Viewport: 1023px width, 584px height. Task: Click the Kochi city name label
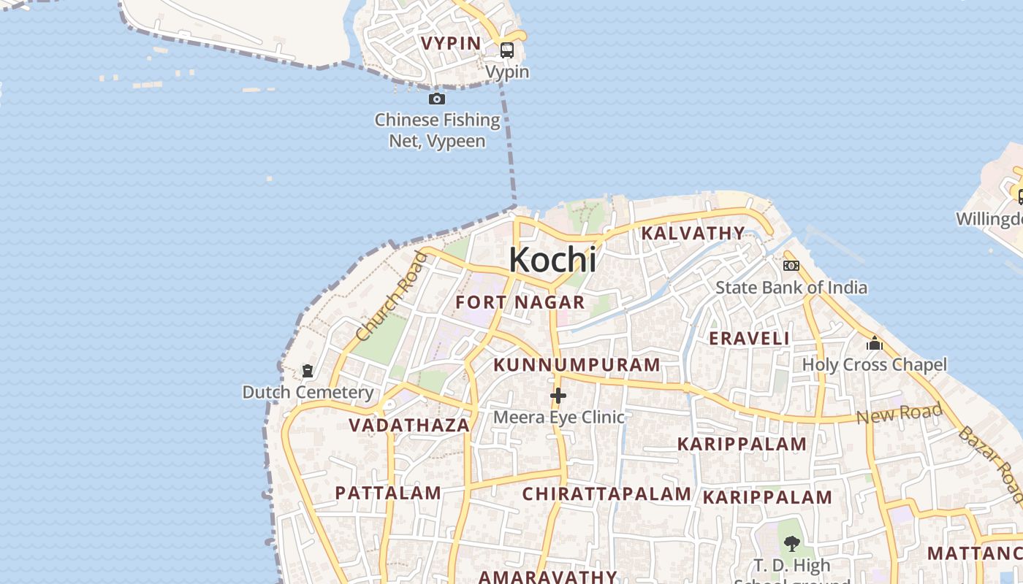click(x=552, y=260)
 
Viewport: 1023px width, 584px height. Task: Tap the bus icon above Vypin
click(x=506, y=50)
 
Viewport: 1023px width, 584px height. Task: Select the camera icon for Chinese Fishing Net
click(x=437, y=99)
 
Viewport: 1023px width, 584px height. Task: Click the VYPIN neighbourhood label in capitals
click(x=451, y=44)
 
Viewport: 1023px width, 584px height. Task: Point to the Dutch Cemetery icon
click(x=308, y=371)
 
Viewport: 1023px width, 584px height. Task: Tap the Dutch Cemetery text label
click(x=308, y=392)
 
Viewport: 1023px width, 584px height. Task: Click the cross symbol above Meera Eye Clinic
click(x=558, y=396)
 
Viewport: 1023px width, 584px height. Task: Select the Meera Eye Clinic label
click(x=559, y=417)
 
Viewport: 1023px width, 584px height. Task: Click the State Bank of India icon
click(x=791, y=266)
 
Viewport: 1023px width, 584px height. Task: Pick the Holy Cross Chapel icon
click(x=875, y=343)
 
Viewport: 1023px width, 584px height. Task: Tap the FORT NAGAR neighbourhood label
click(x=520, y=302)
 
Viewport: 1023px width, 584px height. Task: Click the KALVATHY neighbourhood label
click(x=693, y=234)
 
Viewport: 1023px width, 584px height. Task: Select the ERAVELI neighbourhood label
click(x=749, y=339)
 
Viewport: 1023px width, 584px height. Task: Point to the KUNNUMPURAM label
click(x=577, y=365)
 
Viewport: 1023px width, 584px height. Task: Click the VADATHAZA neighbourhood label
click(x=409, y=426)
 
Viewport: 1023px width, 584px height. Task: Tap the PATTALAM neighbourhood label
click(x=388, y=493)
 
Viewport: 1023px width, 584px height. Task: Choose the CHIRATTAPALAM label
click(x=606, y=494)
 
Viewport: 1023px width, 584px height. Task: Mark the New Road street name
click(x=900, y=414)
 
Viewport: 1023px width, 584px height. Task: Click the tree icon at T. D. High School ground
click(x=791, y=543)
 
